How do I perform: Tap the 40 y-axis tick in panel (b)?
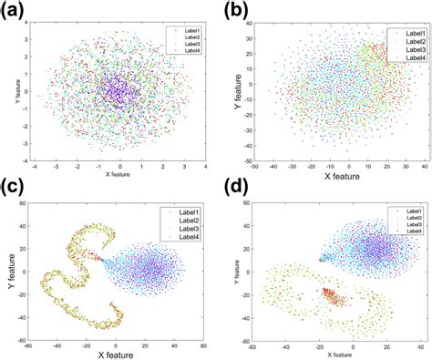tap(258, 24)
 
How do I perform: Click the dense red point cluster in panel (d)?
tap(334, 298)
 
